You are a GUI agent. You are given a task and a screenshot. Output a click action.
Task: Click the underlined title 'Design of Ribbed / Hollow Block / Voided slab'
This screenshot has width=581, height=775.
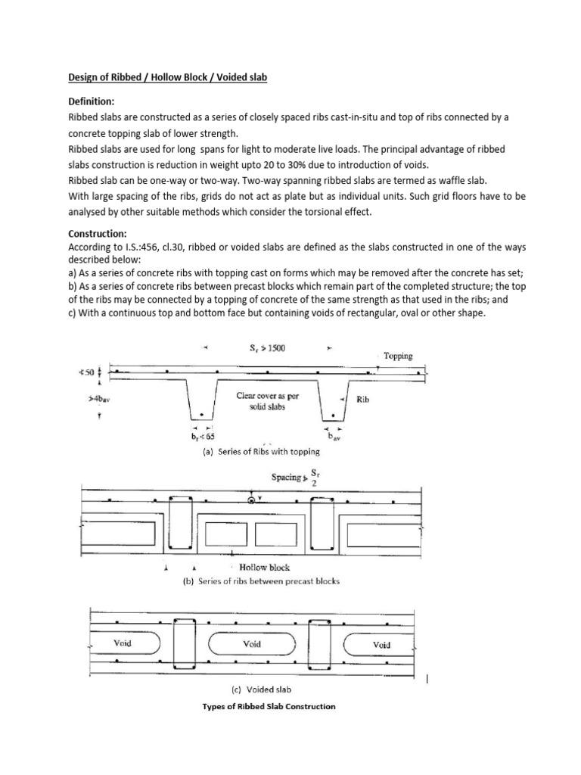tap(167, 77)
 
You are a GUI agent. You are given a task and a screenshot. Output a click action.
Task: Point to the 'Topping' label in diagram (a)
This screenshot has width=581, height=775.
tap(398, 356)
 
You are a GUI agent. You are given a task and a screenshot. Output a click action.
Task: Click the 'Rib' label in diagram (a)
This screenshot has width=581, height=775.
tap(362, 400)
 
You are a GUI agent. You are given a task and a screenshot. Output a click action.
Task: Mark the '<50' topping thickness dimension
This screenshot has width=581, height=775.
tap(88, 372)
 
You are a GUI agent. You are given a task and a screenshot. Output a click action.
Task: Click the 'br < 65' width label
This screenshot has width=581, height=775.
tap(203, 437)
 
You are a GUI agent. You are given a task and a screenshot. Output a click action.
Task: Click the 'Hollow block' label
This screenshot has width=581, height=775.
tap(264, 567)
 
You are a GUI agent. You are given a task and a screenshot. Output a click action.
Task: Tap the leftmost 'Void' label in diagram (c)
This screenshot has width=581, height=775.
tap(123, 643)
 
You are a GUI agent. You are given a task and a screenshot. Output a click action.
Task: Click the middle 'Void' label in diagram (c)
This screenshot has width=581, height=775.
tap(252, 643)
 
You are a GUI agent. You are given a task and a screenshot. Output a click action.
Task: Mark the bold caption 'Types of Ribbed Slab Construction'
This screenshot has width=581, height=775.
tap(269, 706)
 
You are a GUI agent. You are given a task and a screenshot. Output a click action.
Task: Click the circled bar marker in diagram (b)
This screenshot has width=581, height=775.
tap(251, 500)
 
